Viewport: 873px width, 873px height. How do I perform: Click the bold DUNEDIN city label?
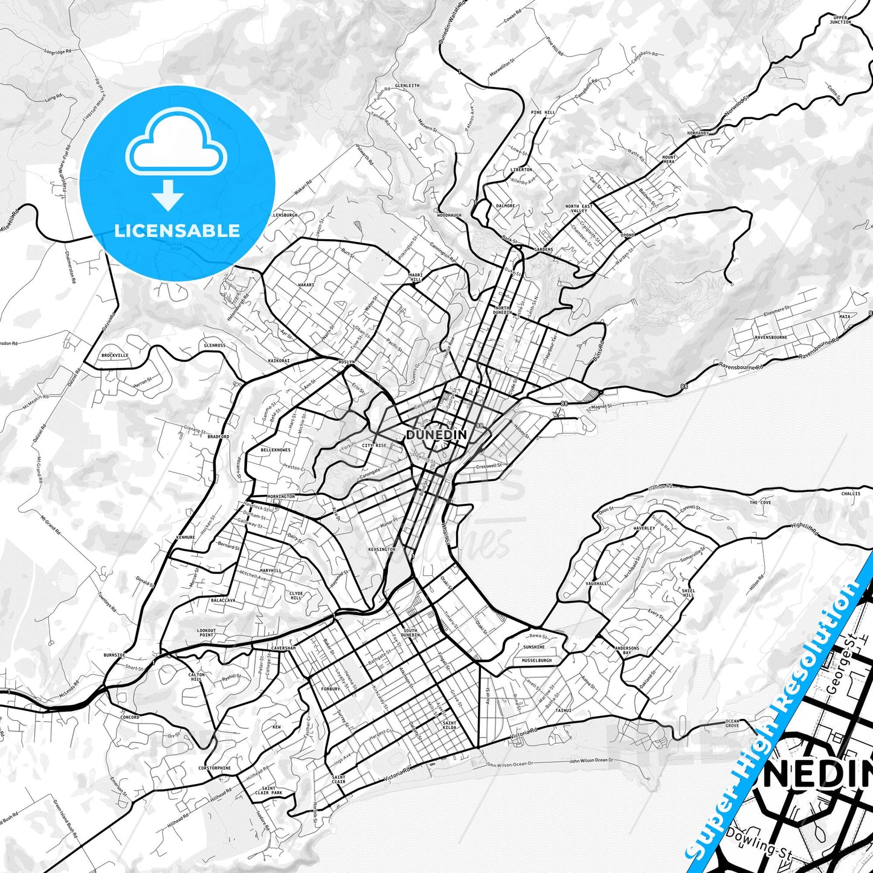[436, 435]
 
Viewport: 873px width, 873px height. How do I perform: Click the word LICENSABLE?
[177, 230]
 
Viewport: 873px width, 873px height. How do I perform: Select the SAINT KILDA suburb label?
[449, 726]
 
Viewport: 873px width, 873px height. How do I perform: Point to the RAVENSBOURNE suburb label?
[770, 337]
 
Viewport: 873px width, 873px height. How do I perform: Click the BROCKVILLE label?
[115, 356]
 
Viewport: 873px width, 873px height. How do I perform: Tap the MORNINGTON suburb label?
[281, 497]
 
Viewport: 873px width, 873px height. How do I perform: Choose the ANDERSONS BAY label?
[627, 651]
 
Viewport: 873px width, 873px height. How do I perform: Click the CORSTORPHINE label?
[214, 768]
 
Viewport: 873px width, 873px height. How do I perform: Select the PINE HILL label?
[543, 112]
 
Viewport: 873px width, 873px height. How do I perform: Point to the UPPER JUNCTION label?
[840, 20]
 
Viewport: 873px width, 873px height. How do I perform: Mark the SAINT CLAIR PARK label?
[269, 790]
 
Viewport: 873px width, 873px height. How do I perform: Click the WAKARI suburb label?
[306, 285]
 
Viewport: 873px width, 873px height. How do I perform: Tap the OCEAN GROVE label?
[732, 723]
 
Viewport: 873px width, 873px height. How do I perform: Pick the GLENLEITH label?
[407, 86]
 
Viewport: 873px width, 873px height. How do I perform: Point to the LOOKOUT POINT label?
[206, 633]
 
